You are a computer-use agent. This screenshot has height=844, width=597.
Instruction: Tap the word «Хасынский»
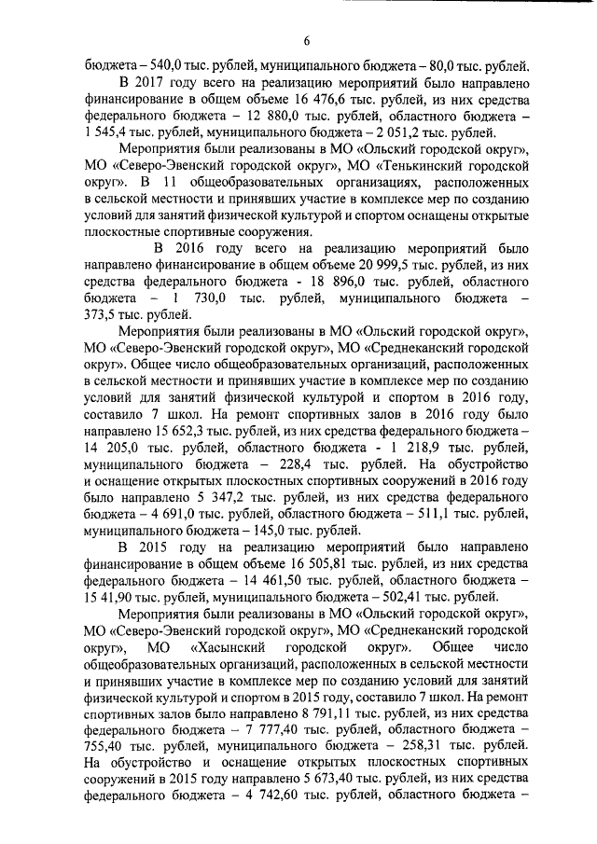pos(229,646)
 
